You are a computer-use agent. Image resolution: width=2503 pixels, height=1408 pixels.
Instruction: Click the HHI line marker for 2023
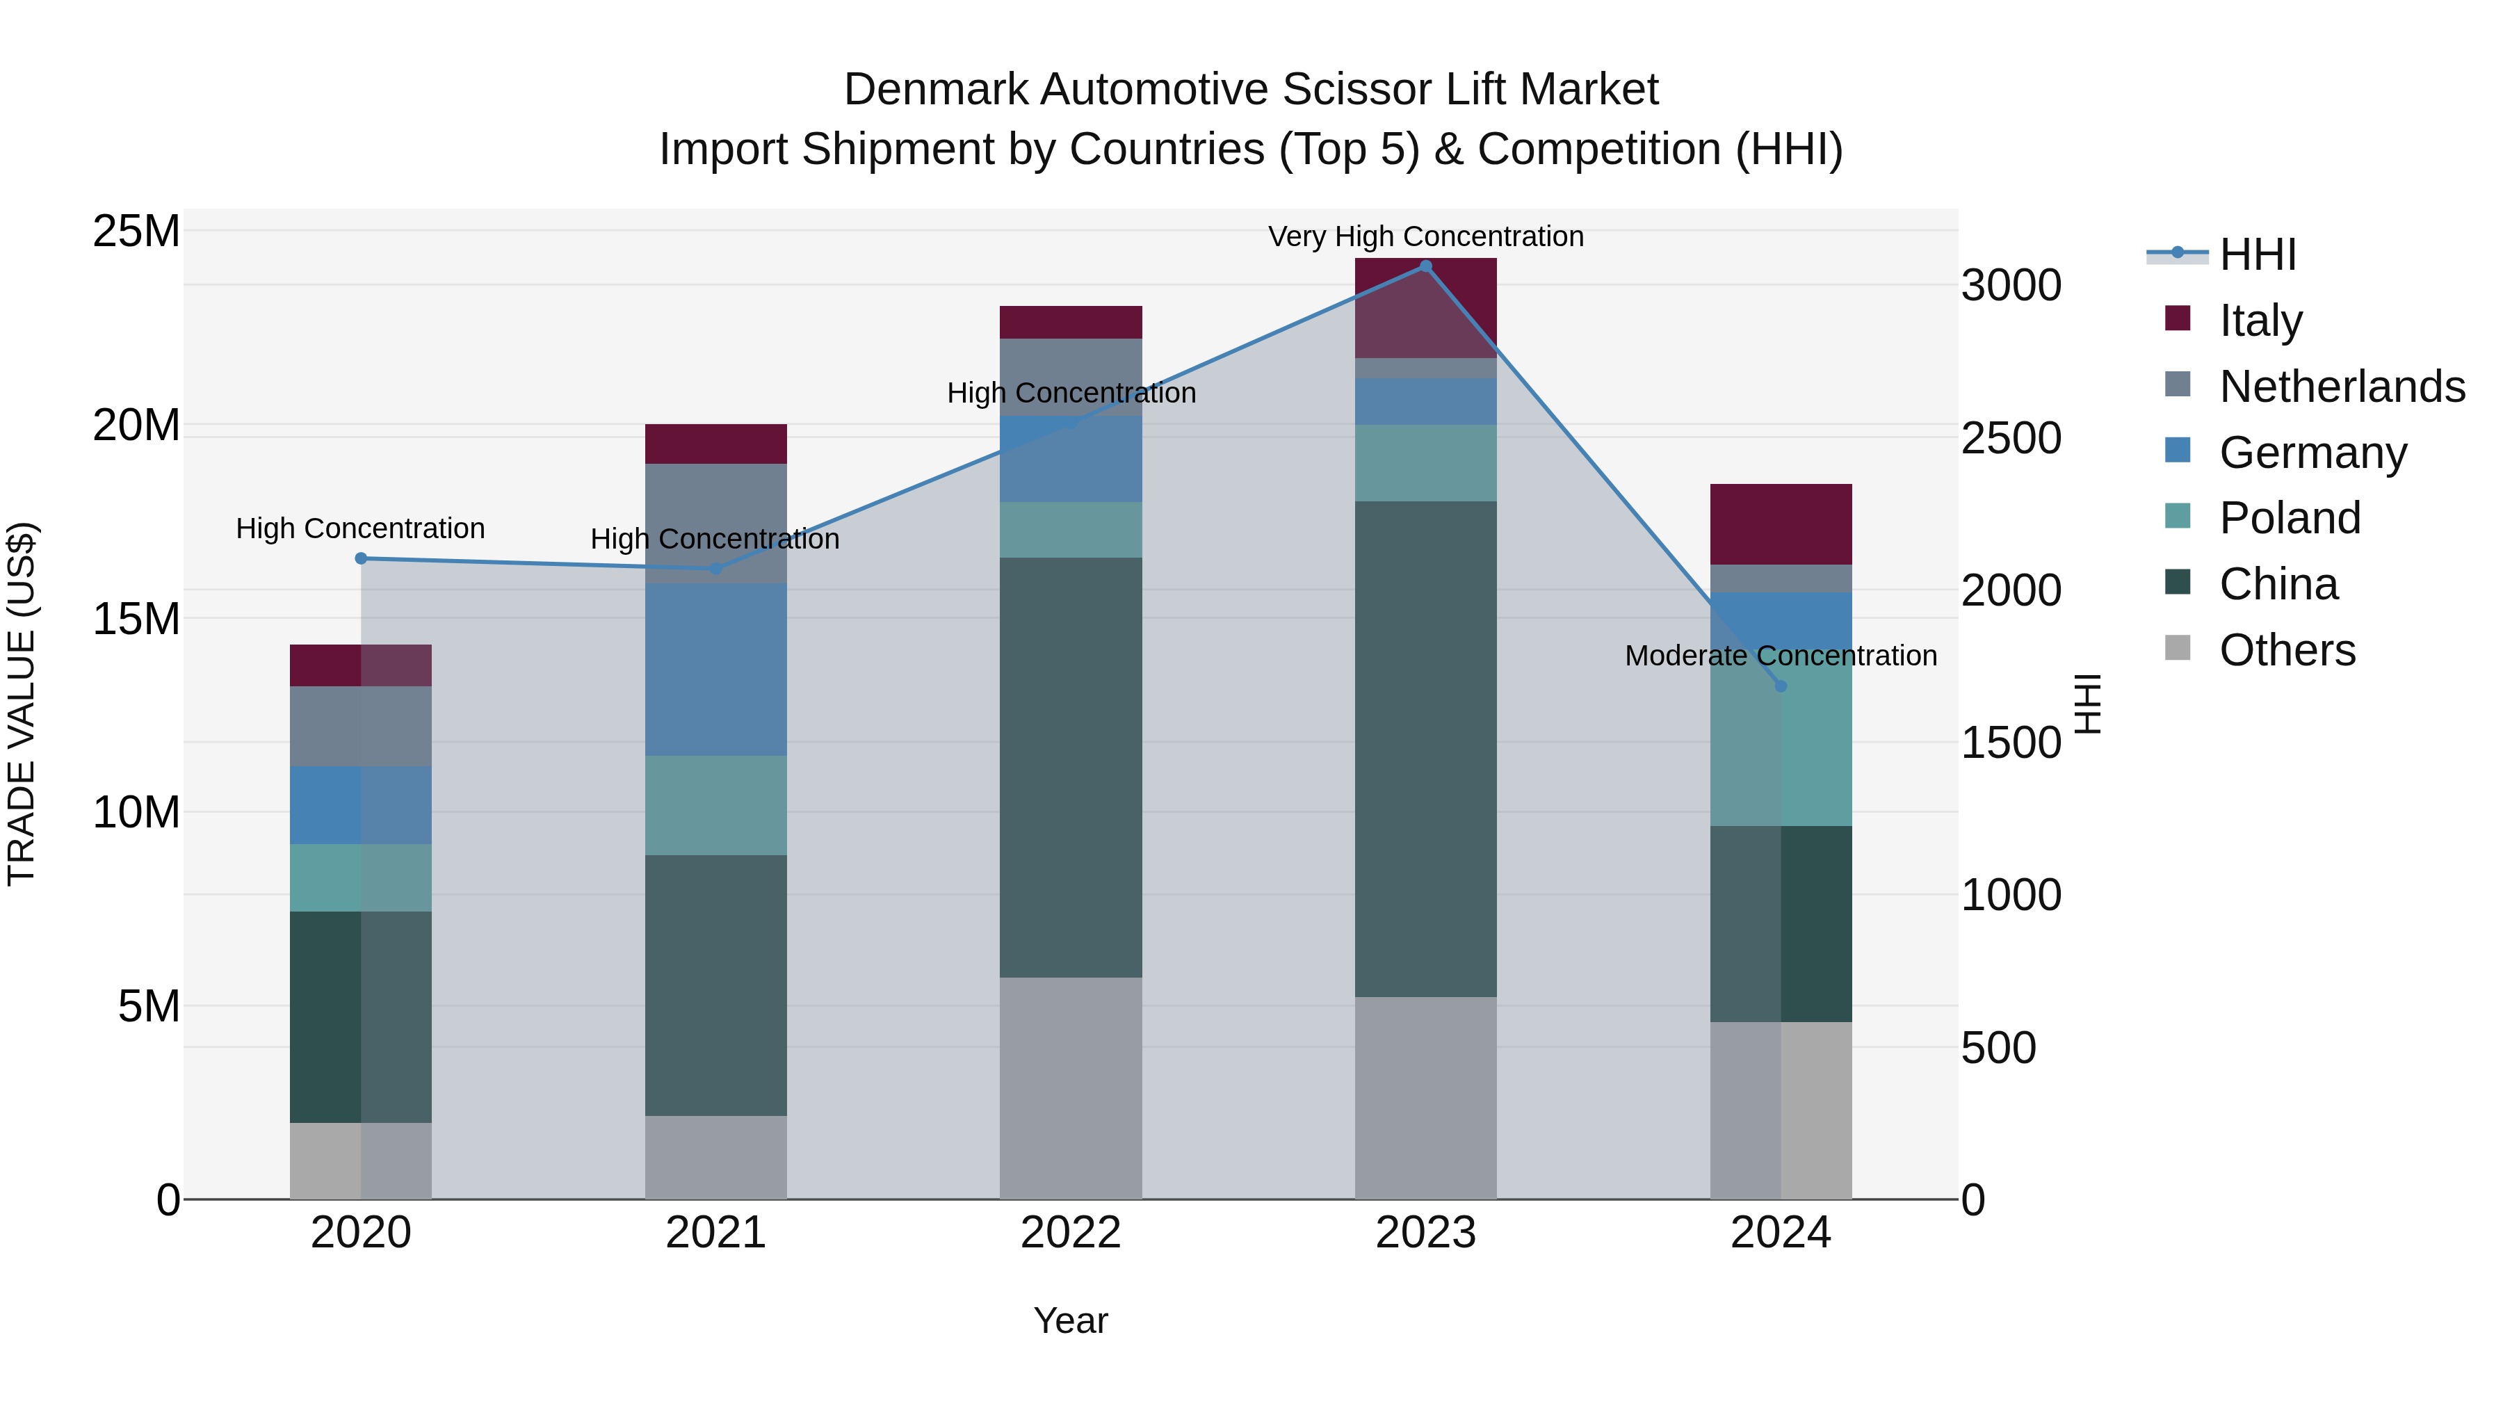pos(1425,266)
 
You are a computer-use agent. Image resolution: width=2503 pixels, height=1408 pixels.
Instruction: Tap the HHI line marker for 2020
pos(360,559)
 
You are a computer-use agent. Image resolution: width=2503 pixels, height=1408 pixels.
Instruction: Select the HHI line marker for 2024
pos(1781,687)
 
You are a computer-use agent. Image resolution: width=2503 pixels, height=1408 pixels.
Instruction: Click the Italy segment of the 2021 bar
pos(716,444)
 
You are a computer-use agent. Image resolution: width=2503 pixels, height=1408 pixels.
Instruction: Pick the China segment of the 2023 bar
pos(1425,749)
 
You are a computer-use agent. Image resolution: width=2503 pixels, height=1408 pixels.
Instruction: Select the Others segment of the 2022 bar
pos(1071,1088)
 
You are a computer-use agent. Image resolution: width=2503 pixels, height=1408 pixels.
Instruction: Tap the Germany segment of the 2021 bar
pos(716,670)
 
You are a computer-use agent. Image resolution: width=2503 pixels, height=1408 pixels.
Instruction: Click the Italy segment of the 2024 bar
pos(1781,525)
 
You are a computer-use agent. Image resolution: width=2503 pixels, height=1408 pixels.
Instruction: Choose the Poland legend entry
pos(2290,518)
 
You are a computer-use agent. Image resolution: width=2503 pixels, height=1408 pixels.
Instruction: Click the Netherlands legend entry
pos(2342,387)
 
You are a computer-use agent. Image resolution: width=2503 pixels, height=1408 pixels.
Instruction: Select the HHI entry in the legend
pos(2257,254)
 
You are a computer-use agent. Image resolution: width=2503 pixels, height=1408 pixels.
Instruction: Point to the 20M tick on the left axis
pos(136,426)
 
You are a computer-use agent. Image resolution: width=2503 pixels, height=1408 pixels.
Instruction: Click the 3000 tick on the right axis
pos(2010,286)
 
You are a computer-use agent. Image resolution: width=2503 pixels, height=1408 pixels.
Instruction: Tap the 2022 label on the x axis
pos(1071,1233)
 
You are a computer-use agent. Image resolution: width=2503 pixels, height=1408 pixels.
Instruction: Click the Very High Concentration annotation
pos(1425,236)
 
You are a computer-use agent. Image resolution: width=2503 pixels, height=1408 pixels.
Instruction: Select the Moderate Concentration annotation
pos(1781,656)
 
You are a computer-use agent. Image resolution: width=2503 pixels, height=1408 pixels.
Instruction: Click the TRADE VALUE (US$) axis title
pos(22,704)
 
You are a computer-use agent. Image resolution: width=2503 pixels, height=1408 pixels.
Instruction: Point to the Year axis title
pos(1071,1320)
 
